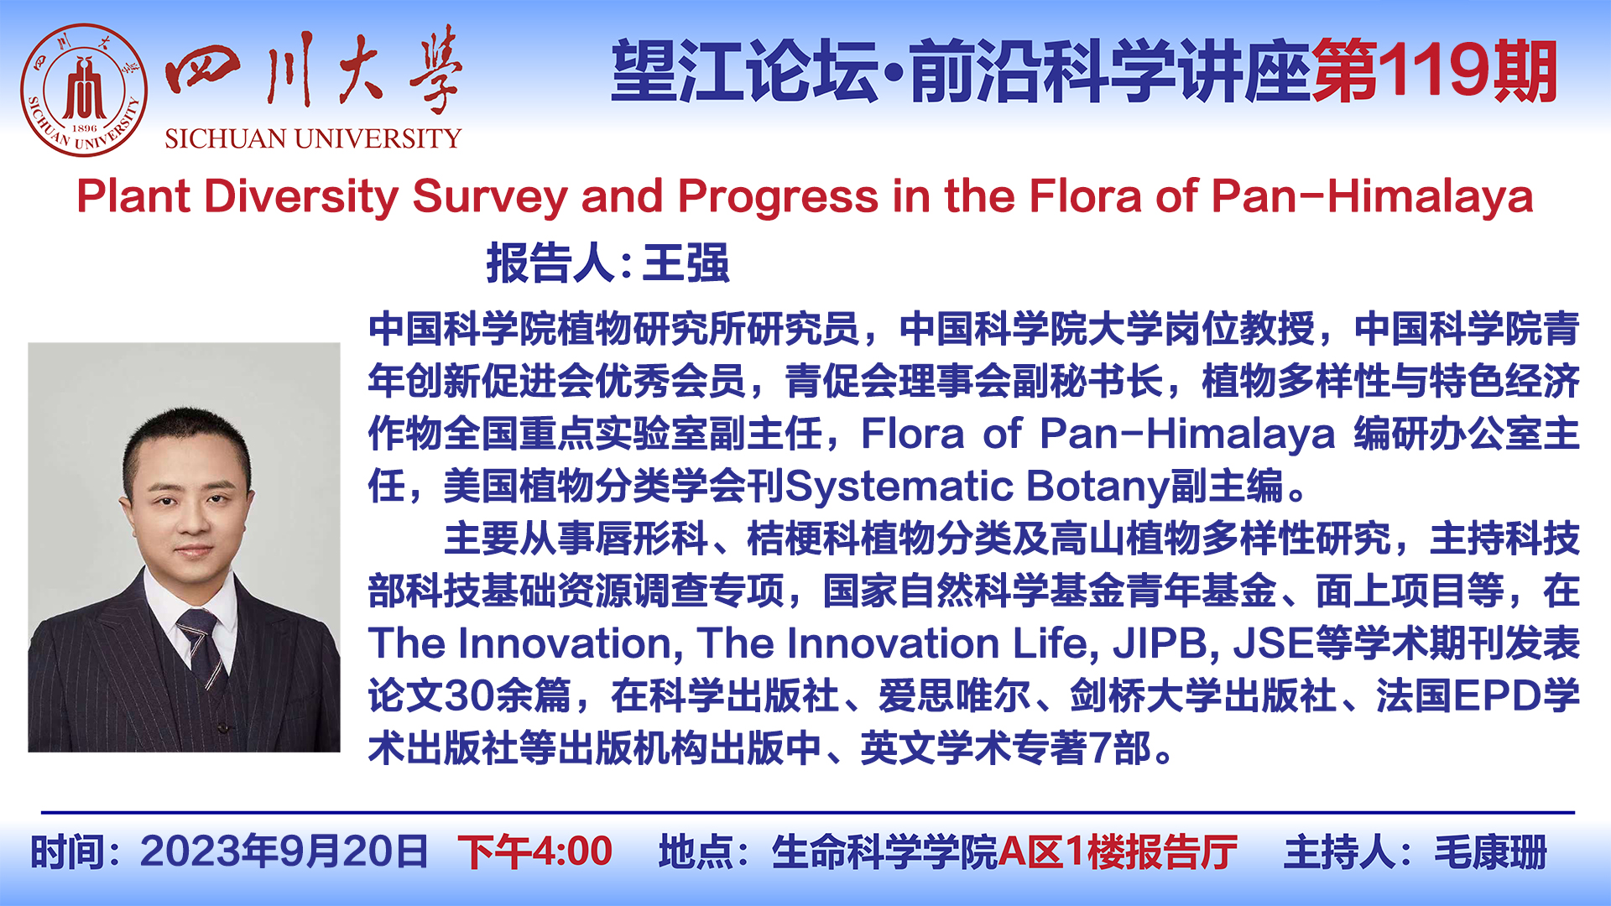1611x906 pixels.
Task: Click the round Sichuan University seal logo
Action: (x=84, y=90)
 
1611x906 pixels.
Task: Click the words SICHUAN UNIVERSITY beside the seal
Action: (x=313, y=138)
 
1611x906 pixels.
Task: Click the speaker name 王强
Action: (x=686, y=263)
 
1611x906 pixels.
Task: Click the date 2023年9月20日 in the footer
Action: (x=284, y=852)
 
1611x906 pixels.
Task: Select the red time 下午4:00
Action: (x=535, y=852)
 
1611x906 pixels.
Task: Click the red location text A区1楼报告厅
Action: (x=1118, y=852)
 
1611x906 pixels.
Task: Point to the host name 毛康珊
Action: (x=1491, y=852)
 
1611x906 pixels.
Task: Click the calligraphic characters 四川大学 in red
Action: (x=313, y=71)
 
